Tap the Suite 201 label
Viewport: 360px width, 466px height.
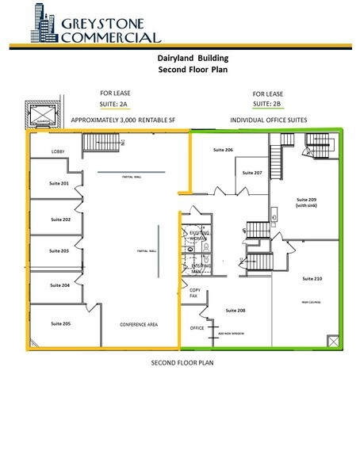click(60, 183)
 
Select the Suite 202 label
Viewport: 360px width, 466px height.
click(60, 219)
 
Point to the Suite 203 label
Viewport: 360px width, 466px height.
click(60, 250)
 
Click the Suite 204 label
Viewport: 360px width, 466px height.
click(60, 285)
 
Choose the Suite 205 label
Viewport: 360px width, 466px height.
click(60, 323)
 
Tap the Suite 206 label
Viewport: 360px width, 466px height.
click(224, 150)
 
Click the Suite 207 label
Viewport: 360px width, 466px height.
click(252, 172)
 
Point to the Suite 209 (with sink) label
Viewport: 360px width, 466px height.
click(306, 201)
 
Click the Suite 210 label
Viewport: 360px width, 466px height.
click(312, 279)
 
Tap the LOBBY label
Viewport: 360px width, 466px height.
click(58, 151)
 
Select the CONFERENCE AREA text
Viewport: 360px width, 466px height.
click(136, 325)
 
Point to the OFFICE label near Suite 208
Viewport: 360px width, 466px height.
click(197, 327)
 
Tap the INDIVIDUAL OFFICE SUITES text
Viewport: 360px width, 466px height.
click(268, 120)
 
